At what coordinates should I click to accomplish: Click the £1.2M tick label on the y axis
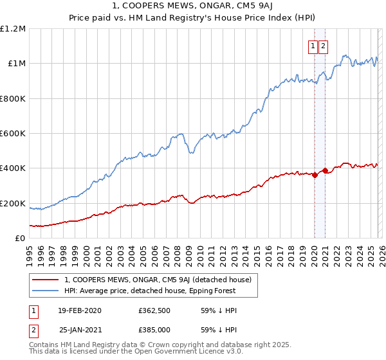12,29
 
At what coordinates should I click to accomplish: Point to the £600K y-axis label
13,134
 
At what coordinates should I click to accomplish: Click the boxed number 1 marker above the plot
313,46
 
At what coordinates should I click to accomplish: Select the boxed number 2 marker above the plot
322,46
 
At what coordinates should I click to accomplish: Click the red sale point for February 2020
315,175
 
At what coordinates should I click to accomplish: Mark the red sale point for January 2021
325,171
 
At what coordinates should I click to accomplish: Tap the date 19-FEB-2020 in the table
80,310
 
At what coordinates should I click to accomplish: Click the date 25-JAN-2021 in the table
80,329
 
